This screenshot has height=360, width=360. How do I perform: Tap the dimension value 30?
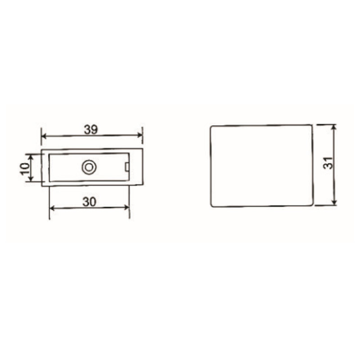click(90, 202)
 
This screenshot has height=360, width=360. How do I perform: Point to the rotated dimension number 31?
click(330, 163)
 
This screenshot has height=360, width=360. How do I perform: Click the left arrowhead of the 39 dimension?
click(44, 135)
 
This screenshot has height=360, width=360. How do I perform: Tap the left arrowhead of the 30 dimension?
click(51, 207)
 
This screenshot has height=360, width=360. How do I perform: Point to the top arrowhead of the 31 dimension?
click(333, 127)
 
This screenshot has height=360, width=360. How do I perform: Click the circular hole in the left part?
click(89, 167)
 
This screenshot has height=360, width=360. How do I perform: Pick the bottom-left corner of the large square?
click(211, 207)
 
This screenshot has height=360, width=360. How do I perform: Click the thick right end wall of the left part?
click(136, 166)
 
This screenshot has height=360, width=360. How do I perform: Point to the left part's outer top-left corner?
click(42, 148)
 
